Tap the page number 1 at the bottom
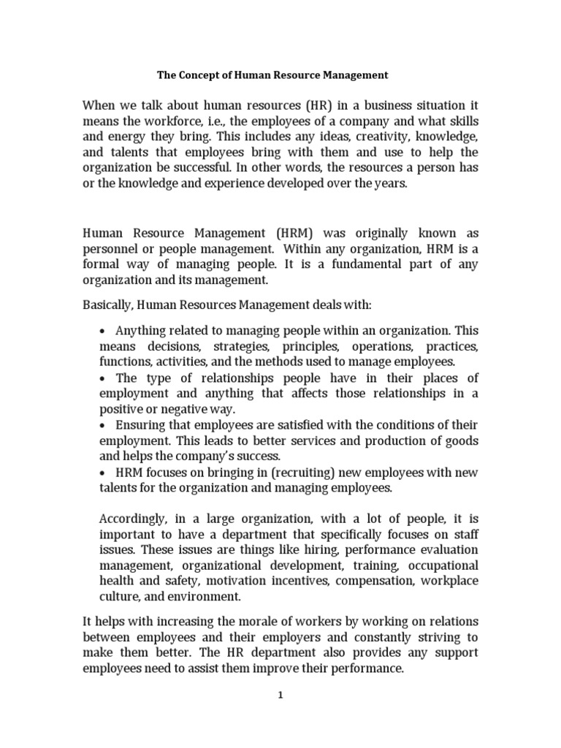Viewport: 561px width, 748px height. (280, 695)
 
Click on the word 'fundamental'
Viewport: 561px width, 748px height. (348, 264)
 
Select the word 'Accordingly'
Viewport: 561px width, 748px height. (133, 519)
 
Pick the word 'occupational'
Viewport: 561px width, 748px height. (441, 565)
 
